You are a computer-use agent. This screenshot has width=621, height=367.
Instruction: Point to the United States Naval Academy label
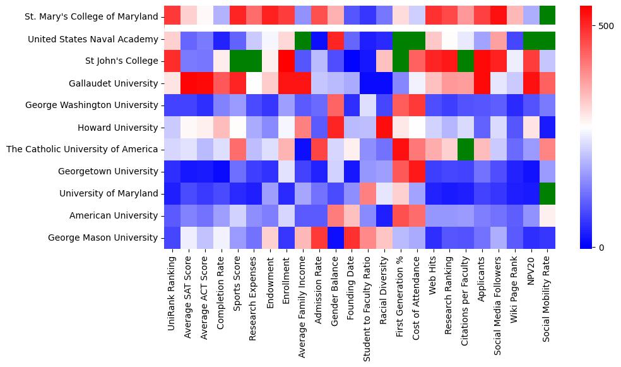[93, 39]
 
